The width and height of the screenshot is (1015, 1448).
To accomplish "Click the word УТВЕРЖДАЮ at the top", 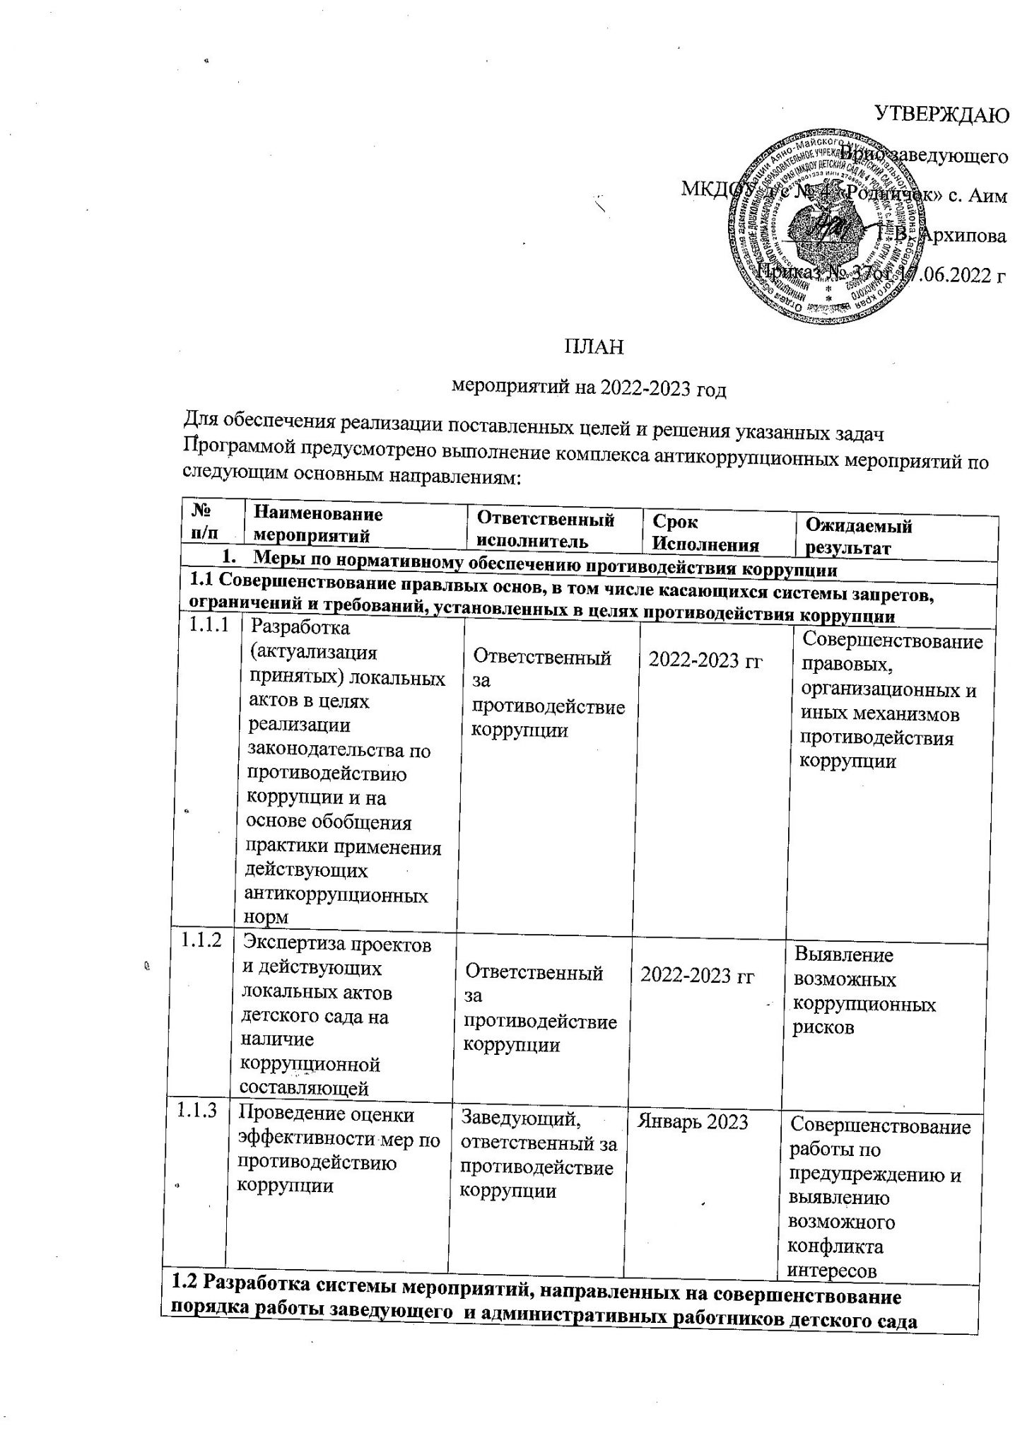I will click(x=939, y=114).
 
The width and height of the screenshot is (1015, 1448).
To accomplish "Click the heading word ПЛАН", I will click(x=594, y=347).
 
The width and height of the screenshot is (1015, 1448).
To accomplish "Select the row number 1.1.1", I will click(x=209, y=625).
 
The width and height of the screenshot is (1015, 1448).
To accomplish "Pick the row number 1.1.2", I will click(x=201, y=940).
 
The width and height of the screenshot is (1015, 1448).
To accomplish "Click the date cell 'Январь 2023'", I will click(x=693, y=1121).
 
